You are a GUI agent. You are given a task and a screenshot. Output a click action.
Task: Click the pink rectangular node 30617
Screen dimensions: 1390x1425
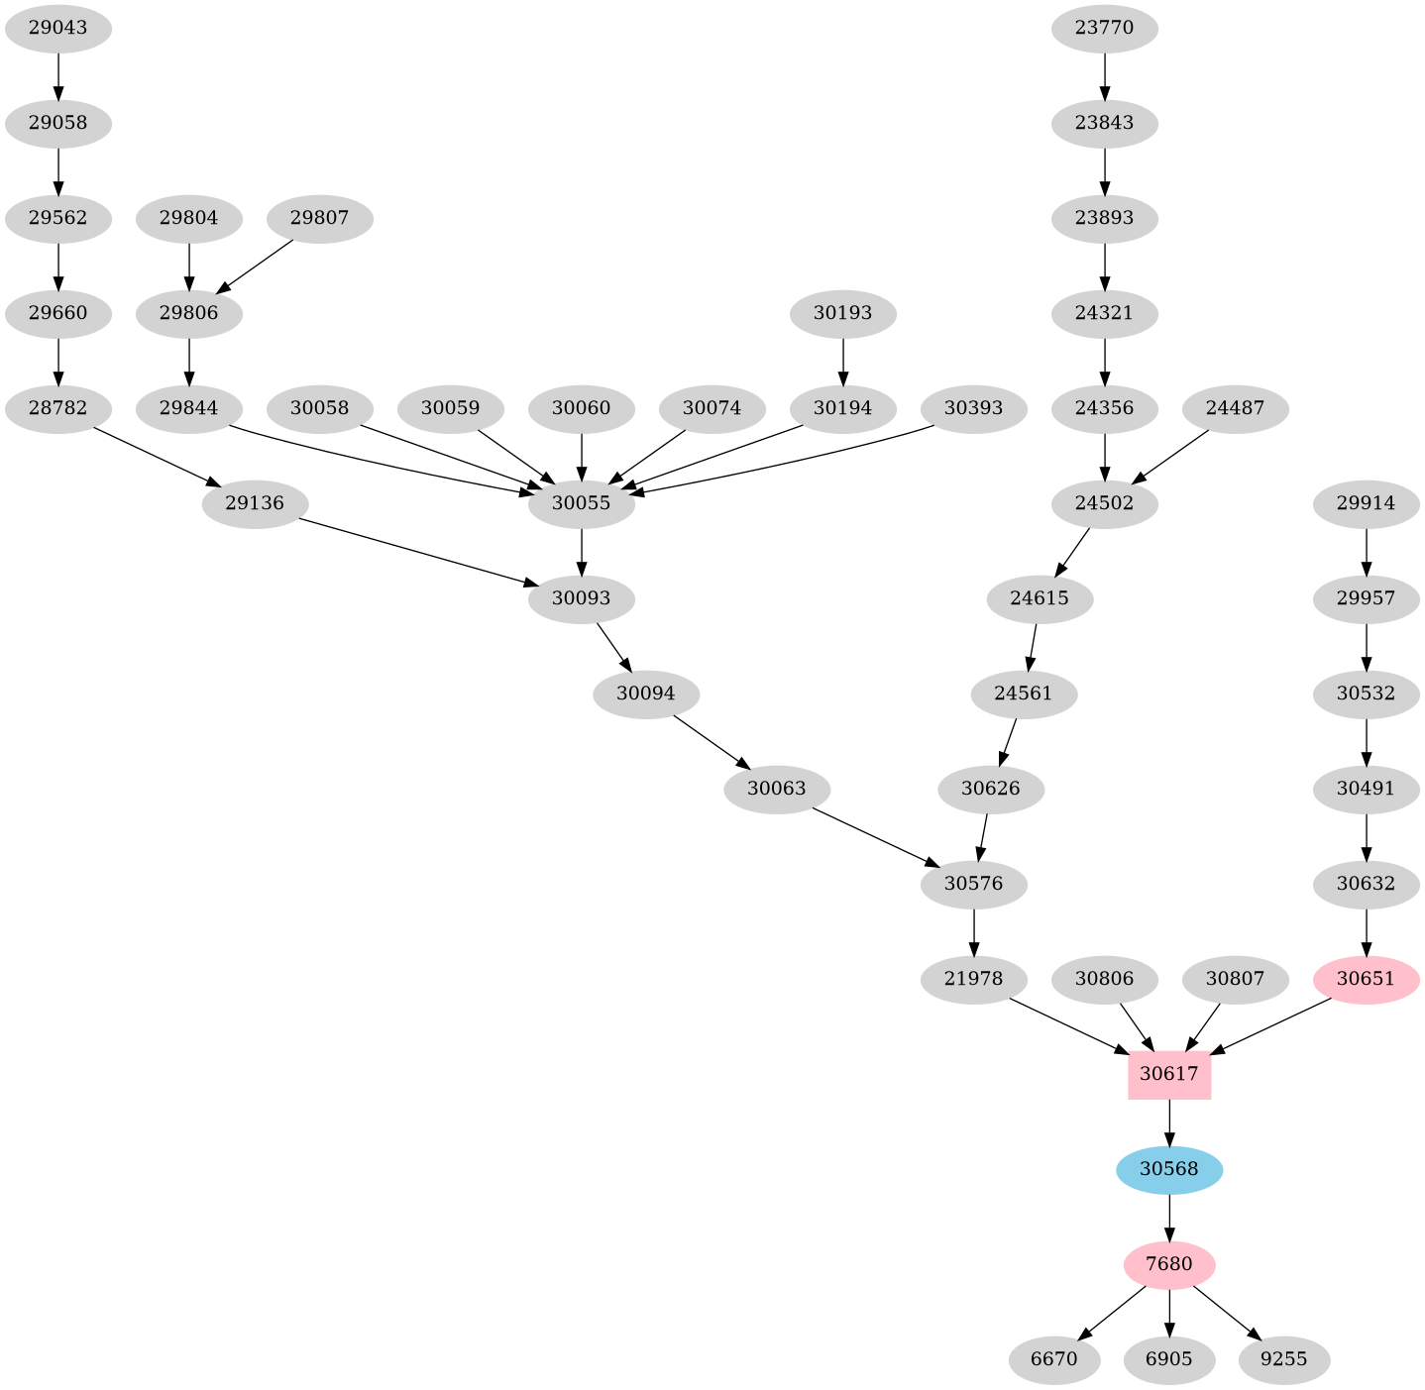coord(1169,1074)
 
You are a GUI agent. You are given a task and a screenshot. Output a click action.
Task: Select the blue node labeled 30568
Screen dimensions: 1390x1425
coord(1169,1169)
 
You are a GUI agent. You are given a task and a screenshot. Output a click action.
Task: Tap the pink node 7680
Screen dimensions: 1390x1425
coord(1169,1264)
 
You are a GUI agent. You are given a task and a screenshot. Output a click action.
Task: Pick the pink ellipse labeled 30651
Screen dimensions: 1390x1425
coord(1366,979)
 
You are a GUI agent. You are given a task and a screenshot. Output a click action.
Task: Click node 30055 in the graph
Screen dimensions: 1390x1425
coord(581,503)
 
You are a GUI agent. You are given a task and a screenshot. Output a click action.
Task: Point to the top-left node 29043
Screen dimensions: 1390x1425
coord(57,28)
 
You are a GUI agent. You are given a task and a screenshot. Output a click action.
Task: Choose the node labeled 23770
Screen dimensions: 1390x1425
coord(1104,28)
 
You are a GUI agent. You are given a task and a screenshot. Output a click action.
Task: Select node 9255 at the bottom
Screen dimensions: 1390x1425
coord(1283,1359)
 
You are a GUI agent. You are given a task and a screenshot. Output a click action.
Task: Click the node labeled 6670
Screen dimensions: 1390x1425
coord(1053,1359)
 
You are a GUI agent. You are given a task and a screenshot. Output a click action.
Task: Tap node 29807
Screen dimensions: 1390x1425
coord(319,217)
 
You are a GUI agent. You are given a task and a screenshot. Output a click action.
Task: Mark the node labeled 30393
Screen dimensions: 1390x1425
coord(973,408)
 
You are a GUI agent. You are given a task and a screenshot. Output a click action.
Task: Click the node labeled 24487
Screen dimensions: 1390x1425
coord(1235,408)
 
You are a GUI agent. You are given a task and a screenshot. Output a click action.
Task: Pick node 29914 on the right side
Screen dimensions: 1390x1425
coord(1366,503)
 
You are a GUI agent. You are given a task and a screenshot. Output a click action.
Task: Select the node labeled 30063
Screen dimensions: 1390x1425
coord(777,789)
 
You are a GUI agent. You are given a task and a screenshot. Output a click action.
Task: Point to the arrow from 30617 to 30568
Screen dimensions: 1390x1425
coord(1169,1122)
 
